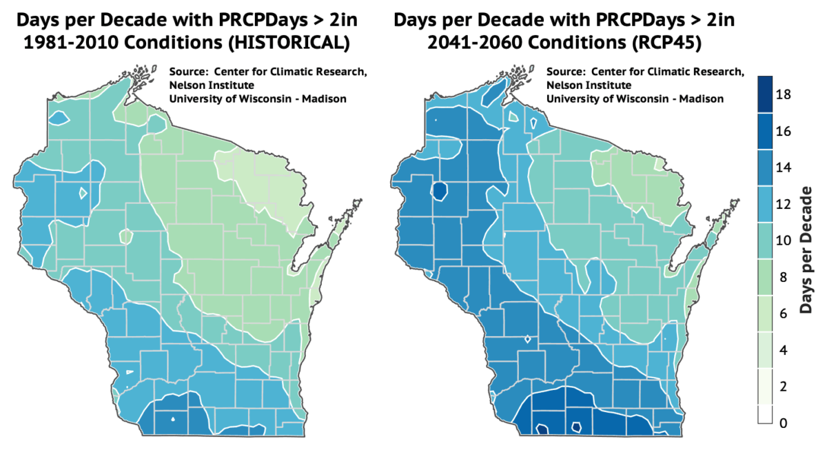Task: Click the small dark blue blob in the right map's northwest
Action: (440, 190)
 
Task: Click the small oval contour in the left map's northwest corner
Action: (59, 119)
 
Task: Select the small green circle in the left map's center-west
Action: (125, 236)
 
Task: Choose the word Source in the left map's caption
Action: (187, 72)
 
